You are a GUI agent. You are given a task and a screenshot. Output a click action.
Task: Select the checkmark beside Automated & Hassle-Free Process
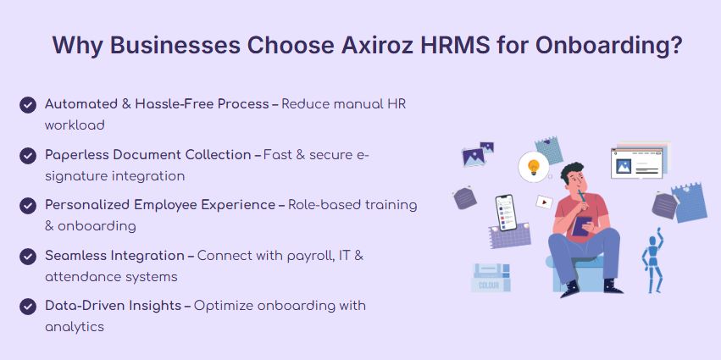coord(28,105)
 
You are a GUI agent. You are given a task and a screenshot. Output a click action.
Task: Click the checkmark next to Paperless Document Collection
coord(28,156)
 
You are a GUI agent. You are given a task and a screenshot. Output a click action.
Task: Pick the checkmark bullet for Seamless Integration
coord(28,257)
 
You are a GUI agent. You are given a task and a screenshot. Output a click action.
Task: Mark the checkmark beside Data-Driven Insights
coord(28,307)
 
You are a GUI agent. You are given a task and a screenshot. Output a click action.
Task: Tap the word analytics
coord(75,327)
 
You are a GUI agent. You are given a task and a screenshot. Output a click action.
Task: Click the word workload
coord(75,125)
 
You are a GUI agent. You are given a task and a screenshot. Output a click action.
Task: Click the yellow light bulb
coord(534,166)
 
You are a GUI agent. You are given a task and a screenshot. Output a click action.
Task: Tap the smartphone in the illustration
coord(505,213)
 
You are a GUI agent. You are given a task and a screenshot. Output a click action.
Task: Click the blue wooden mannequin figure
coord(652,261)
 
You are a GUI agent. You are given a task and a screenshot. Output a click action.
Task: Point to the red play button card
coord(544,202)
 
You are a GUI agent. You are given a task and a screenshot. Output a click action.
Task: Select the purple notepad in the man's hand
coord(582,226)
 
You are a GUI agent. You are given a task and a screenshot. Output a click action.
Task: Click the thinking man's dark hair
coord(572,170)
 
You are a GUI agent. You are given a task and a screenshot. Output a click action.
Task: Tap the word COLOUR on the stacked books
coord(489,285)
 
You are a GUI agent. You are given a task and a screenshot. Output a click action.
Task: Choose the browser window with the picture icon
coord(637,163)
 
